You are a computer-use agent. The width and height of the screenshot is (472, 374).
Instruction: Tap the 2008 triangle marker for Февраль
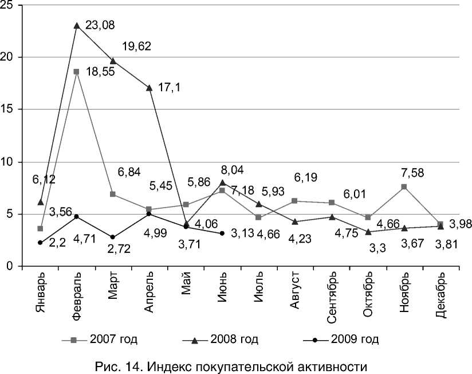pos(77,26)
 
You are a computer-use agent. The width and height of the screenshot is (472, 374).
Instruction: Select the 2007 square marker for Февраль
pos(77,72)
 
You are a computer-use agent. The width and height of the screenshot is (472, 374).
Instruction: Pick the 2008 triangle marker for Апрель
pos(150,88)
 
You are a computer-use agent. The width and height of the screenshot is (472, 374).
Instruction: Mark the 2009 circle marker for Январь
pos(40,243)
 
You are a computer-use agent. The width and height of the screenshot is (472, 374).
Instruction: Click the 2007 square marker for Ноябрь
pos(404,187)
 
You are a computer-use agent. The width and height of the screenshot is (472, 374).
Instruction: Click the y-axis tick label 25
pos(9,6)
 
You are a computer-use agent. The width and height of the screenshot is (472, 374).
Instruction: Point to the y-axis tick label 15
pos(9,110)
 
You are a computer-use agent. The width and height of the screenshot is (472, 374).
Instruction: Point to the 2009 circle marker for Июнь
pos(222,233)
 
